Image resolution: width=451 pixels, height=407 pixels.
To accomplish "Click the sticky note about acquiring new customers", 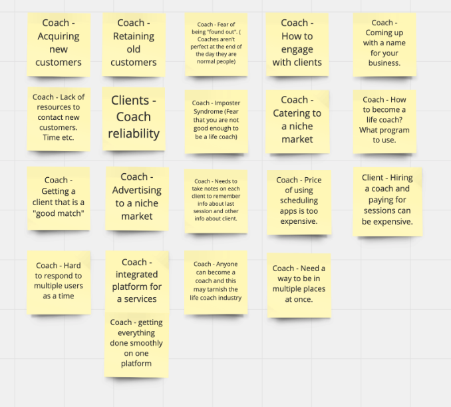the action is [x=59, y=43].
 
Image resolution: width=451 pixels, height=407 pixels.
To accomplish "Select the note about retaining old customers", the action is [x=133, y=43].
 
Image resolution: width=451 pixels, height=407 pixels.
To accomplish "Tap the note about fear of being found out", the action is [x=216, y=43].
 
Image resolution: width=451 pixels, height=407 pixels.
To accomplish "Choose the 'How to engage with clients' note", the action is [x=297, y=43].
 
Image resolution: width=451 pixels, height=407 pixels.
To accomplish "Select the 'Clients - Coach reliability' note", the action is [x=134, y=117].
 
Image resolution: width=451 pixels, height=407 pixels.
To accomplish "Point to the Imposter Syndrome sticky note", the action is [x=216, y=120].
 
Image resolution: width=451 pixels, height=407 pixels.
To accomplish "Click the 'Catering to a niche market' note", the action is [x=297, y=119].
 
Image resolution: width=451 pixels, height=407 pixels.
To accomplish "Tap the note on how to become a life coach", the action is [x=384, y=120].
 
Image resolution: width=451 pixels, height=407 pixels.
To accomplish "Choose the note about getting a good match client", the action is [x=59, y=198].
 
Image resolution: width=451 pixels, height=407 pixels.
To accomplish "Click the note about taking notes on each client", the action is [x=216, y=200].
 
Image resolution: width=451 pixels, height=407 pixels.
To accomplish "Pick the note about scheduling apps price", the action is [x=299, y=201].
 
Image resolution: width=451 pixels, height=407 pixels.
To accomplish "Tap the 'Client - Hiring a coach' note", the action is [x=387, y=199].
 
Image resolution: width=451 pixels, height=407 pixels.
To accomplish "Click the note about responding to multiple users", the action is [x=59, y=280].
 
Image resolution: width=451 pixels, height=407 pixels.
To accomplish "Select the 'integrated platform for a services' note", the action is [x=136, y=280].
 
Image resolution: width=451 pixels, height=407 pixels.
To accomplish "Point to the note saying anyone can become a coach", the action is [x=216, y=280].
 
